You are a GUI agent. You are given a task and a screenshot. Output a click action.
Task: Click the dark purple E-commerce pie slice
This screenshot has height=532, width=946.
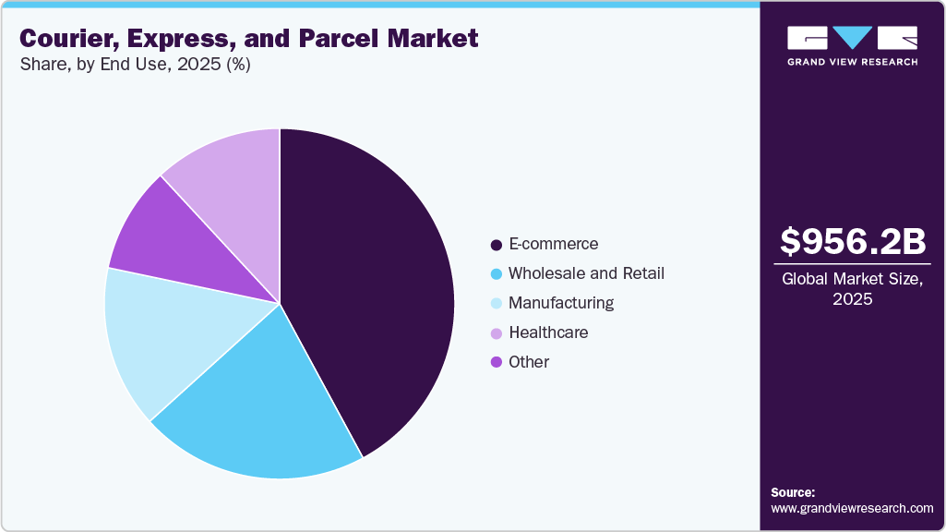pyautogui.click(x=369, y=286)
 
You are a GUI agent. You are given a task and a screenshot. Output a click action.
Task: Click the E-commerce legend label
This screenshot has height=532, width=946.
pyautogui.click(x=553, y=244)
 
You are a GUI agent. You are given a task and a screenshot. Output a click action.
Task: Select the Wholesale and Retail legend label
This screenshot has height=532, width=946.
pyautogui.click(x=586, y=273)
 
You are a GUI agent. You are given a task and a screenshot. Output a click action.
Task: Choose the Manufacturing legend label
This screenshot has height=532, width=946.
pyautogui.click(x=560, y=303)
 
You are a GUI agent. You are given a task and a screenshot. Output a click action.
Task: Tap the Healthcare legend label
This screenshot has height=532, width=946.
pyautogui.click(x=548, y=332)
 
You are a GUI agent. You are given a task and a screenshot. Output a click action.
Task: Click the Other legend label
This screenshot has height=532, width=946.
pyautogui.click(x=529, y=362)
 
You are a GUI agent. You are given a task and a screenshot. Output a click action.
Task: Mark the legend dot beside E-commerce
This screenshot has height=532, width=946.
pyautogui.click(x=497, y=245)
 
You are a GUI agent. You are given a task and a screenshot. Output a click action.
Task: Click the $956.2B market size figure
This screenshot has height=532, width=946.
pyautogui.click(x=852, y=242)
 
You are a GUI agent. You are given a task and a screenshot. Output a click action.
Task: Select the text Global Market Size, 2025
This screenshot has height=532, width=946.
pyautogui.click(x=852, y=289)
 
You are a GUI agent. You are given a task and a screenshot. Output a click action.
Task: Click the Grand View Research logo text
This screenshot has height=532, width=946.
pyautogui.click(x=852, y=62)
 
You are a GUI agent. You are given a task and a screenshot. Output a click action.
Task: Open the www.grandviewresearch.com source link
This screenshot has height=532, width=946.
pyautogui.click(x=852, y=508)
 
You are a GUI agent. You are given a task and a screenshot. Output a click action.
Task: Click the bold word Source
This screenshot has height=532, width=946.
pyautogui.click(x=793, y=492)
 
